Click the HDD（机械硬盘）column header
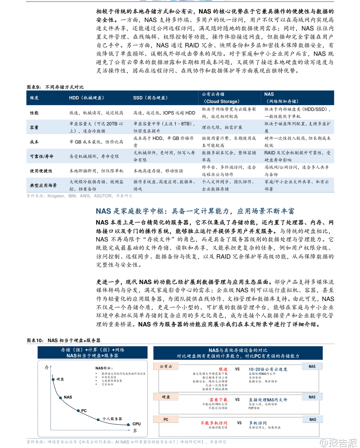[87, 98]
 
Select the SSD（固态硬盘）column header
[150, 98]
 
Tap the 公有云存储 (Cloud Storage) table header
[221, 98]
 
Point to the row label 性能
[34, 113]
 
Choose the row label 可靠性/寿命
[42, 156]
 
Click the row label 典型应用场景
[43, 186]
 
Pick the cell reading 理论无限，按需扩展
[222, 127]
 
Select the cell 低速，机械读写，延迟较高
[96, 113]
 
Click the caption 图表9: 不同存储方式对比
[55, 87]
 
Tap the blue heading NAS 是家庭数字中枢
[195, 211]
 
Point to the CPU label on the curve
[136, 424]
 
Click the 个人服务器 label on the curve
[112, 419]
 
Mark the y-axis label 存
[46, 367]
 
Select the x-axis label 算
[135, 431]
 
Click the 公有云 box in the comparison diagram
[166, 367]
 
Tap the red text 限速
[223, 369]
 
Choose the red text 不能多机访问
[214, 423]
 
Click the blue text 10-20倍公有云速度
[268, 369]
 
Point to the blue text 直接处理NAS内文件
[268, 400]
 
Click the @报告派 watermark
[338, 443]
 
